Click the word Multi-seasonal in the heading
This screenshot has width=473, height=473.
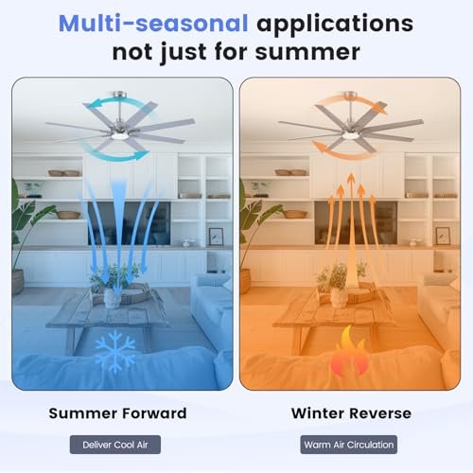[153, 24]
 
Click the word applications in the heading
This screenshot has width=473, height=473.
[335, 25]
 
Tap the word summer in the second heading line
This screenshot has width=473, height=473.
[307, 52]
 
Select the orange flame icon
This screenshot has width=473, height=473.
[347, 352]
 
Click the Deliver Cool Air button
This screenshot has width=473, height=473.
[115, 445]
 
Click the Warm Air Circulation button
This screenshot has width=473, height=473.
[349, 445]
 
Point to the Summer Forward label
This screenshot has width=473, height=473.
[117, 413]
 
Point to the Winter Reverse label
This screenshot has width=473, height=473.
[351, 413]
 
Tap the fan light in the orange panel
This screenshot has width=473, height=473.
[351, 135]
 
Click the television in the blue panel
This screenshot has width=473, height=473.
[130, 223]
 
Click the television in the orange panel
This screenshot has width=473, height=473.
[356, 223]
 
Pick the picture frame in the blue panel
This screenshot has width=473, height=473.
[216, 236]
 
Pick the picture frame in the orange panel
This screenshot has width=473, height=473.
[443, 236]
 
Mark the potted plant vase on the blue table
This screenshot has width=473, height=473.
[112, 298]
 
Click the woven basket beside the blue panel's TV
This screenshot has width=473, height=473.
[68, 215]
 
